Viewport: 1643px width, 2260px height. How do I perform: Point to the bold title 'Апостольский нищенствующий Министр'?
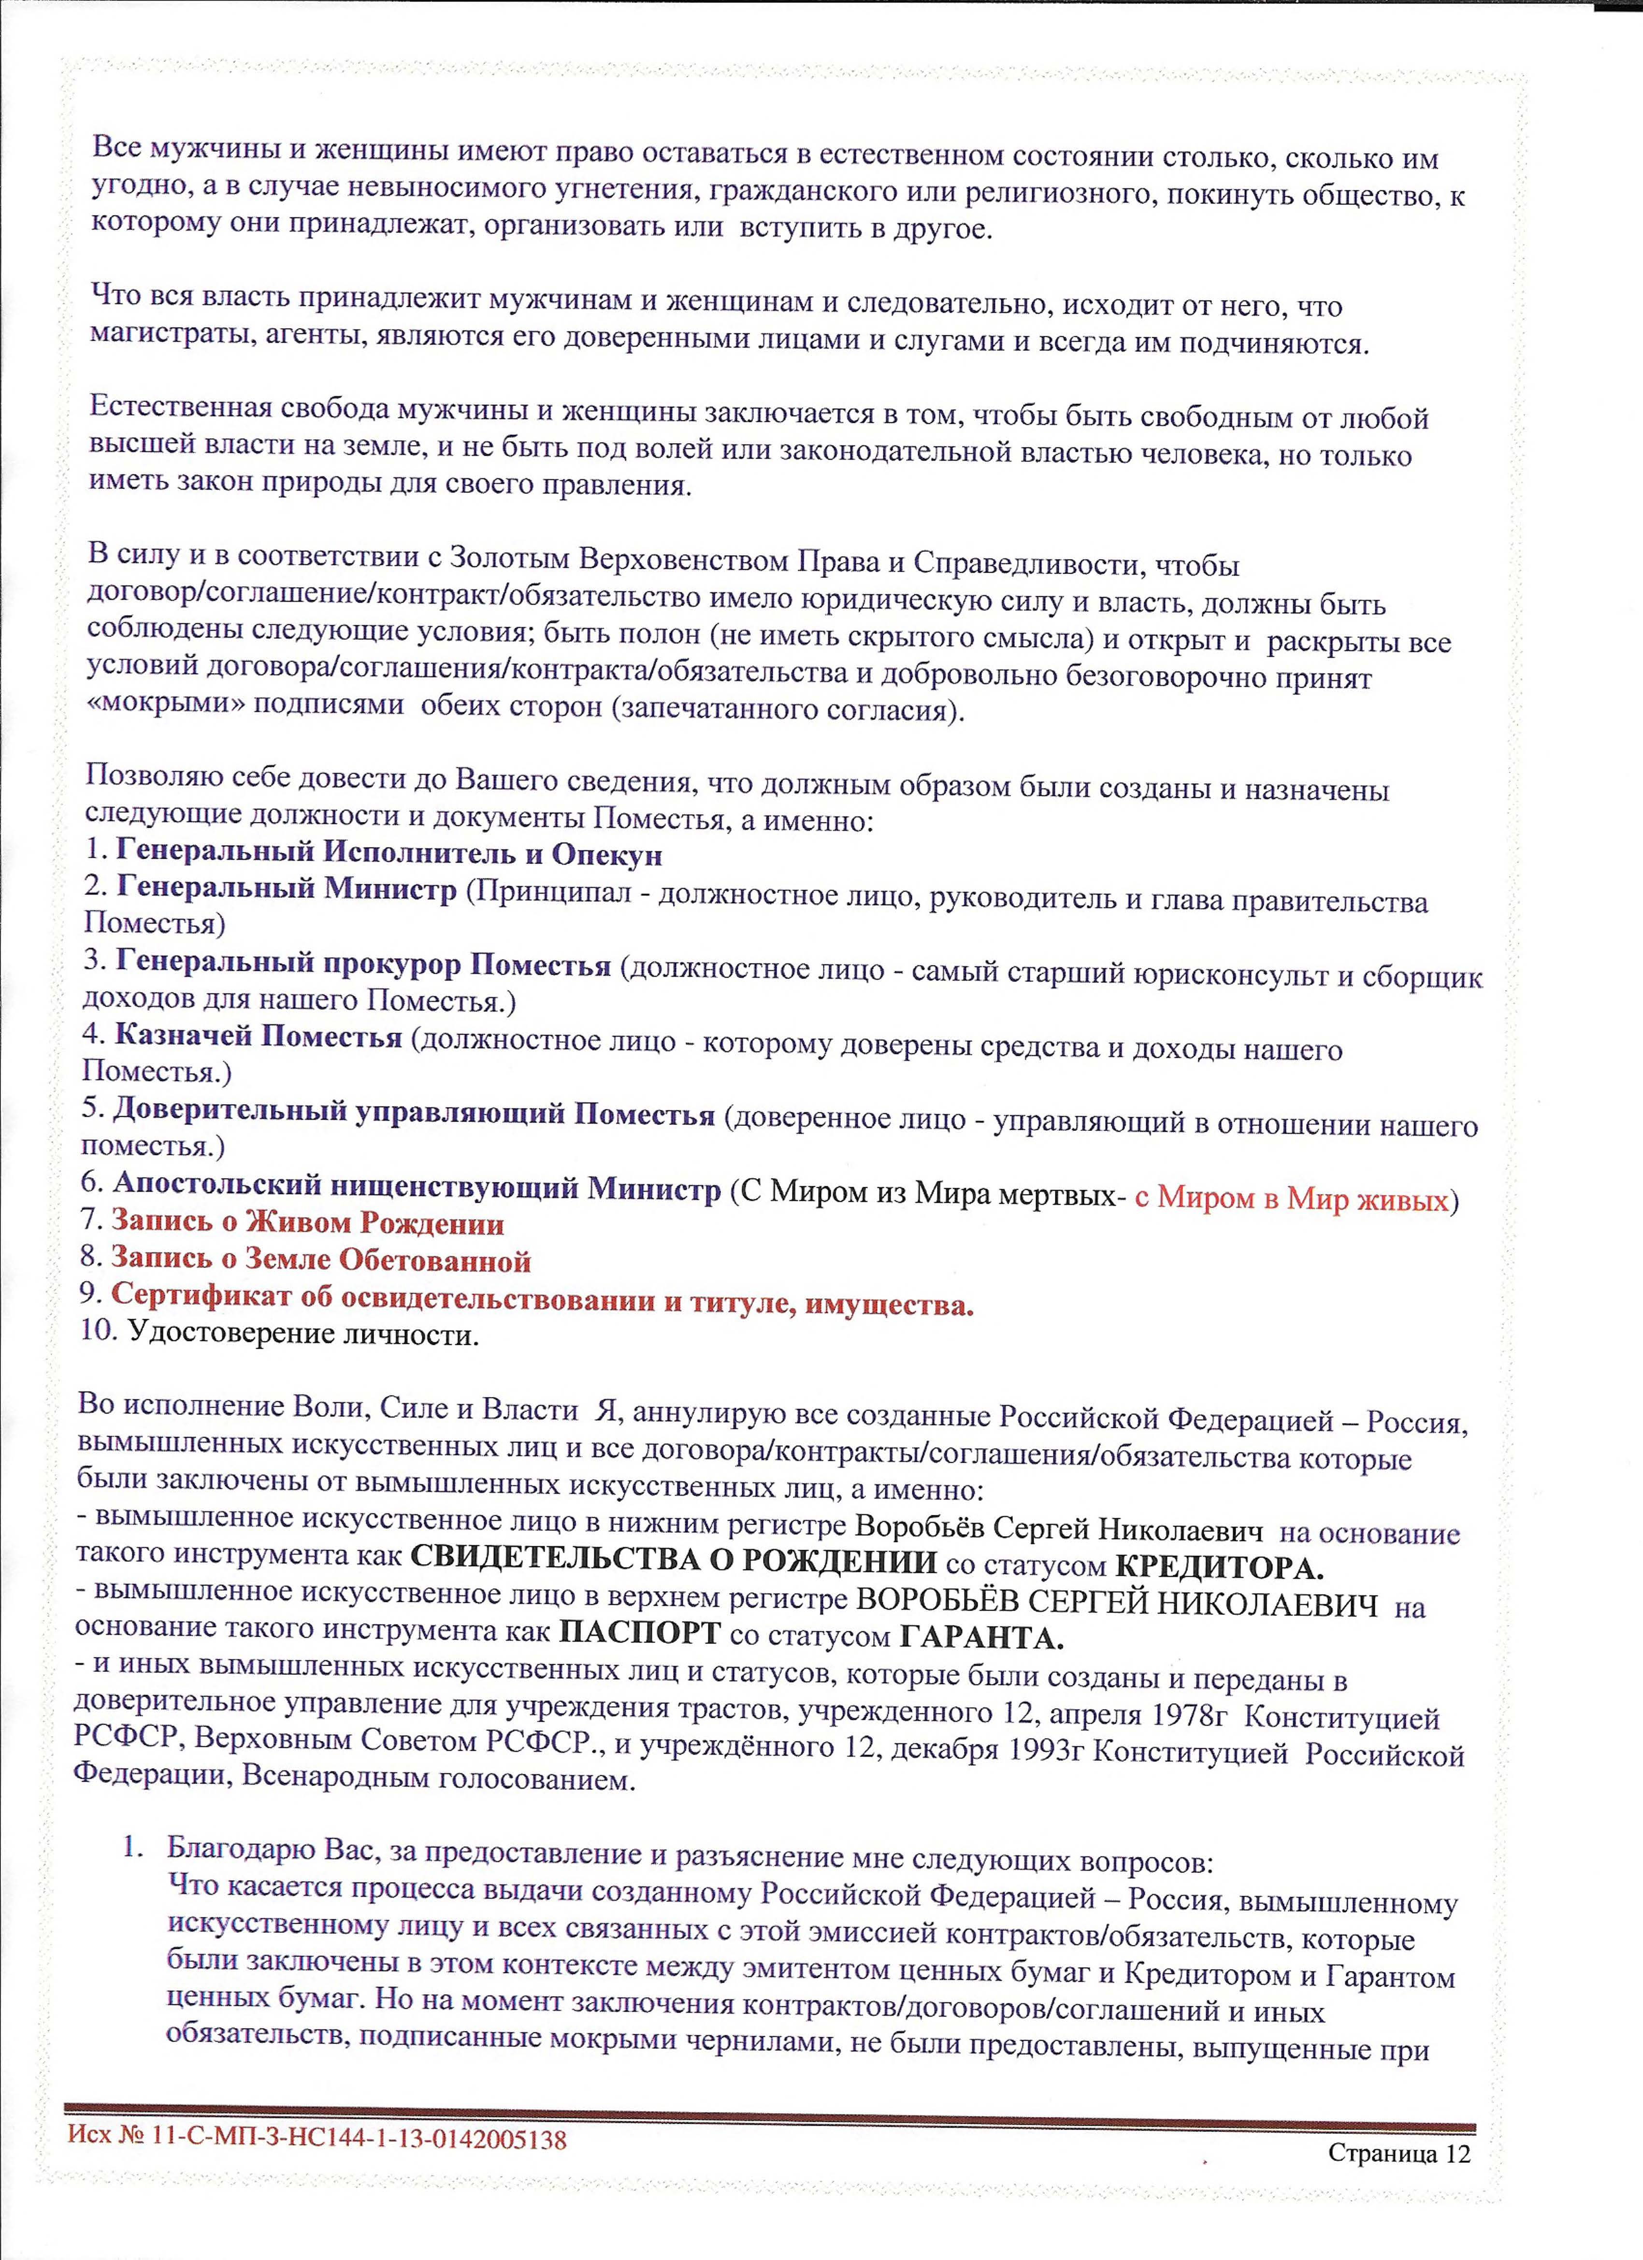click(417, 1186)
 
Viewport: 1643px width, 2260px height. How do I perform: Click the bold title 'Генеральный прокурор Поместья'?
click(363, 964)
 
